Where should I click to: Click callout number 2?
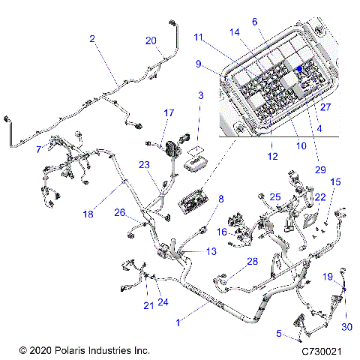click(92, 38)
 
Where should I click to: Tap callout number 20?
click(150, 40)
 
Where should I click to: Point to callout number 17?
click(169, 112)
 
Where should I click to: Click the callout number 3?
click(200, 95)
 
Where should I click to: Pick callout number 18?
click(88, 214)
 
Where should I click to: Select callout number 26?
click(119, 212)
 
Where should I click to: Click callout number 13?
click(190, 251)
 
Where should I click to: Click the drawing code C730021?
click(322, 350)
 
